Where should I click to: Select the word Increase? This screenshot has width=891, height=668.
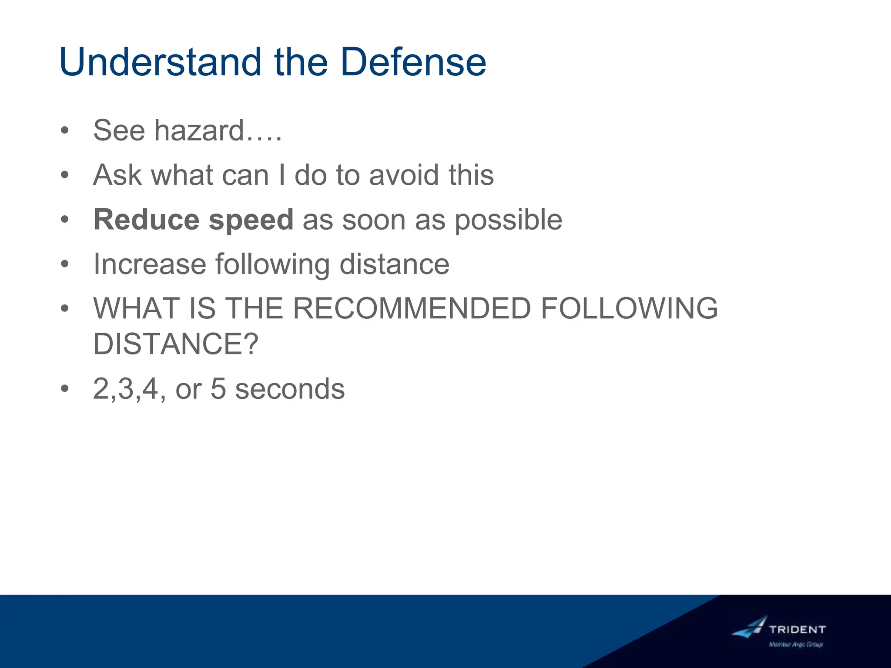pyautogui.click(x=150, y=264)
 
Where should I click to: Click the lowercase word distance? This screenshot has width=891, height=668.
pyautogui.click(x=394, y=264)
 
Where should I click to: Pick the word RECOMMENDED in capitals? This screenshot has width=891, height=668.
pyautogui.click(x=412, y=308)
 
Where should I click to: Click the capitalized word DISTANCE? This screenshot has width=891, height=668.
pyautogui.click(x=176, y=344)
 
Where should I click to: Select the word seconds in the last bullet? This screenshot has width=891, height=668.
pyautogui.click(x=290, y=389)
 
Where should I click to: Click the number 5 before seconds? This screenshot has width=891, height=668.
pyautogui.click(x=218, y=389)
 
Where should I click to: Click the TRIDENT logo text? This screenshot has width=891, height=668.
pyautogui.click(x=797, y=629)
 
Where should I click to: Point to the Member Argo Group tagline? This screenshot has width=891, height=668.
pyautogui.click(x=796, y=645)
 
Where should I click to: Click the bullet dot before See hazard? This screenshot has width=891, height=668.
pyautogui.click(x=65, y=130)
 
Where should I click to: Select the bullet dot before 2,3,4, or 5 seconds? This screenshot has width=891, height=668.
pyautogui.click(x=65, y=389)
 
